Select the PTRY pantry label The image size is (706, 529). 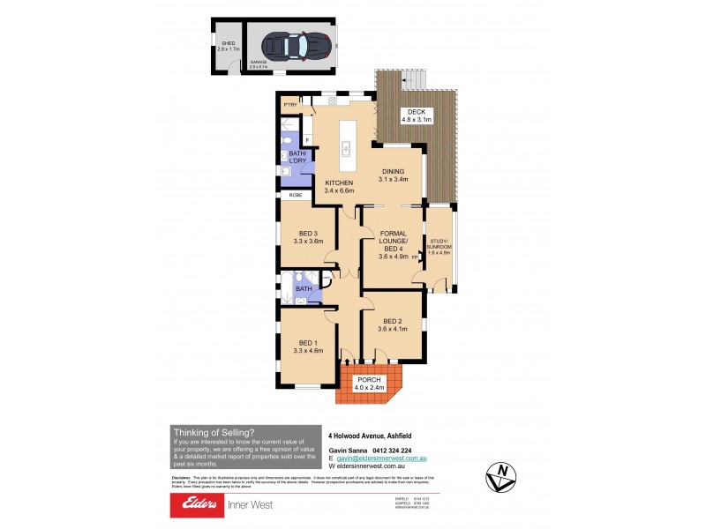(289, 106)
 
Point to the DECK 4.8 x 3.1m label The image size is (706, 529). (417, 115)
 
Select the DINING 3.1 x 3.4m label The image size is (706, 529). (394, 175)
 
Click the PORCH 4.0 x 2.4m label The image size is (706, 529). (369, 383)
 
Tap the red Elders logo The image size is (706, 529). (206, 505)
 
